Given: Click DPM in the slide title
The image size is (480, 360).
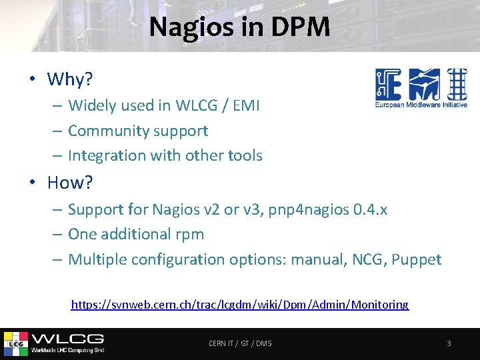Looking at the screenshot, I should (x=301, y=27).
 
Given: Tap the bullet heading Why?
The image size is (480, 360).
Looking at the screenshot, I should (x=69, y=80).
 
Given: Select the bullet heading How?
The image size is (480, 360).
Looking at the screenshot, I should (x=69, y=182).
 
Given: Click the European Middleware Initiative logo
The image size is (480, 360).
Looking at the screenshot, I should (x=421, y=87).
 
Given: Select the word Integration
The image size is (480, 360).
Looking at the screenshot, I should (x=106, y=156).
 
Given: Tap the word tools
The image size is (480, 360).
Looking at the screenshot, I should (x=243, y=156).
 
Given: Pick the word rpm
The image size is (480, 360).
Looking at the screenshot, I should (x=190, y=235).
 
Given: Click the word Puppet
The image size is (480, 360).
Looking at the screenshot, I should (x=417, y=260).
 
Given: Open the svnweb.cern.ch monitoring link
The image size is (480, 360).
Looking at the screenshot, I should (x=240, y=305).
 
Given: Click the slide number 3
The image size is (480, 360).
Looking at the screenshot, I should (x=449, y=343).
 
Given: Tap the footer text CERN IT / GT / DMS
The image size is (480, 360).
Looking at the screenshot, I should (x=240, y=343).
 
